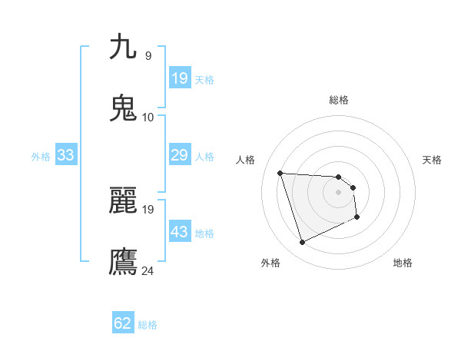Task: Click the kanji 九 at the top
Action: coord(124,47)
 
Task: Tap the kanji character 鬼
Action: coord(124,108)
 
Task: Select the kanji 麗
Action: coord(124,200)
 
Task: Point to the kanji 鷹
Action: coord(124,261)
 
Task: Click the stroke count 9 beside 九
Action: coord(148,55)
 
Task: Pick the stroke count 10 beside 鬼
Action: coord(148,117)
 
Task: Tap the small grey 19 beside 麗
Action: coord(148,209)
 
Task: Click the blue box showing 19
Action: coord(179,78)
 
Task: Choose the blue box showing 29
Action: coord(179,155)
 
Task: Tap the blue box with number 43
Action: coord(179,232)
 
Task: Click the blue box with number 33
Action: coord(65,155)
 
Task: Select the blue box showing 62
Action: coord(123,323)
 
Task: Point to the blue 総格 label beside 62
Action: coord(148,325)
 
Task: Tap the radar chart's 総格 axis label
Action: coord(339,100)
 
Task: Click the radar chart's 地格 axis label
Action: coord(403,263)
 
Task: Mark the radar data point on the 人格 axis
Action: coord(280,173)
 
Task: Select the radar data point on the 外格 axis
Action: coord(302,243)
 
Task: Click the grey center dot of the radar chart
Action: coord(339,192)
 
